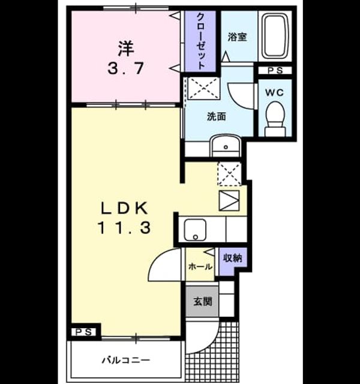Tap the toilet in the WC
click(275, 119)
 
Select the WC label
click(275, 92)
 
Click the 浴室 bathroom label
click(237, 37)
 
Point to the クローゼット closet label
click(201, 41)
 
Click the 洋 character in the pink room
click(126, 49)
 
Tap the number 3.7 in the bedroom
click(125, 68)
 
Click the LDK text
click(125, 208)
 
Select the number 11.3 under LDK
click(124, 227)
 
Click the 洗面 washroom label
click(216, 116)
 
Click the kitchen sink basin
click(195, 230)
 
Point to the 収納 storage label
click(233, 257)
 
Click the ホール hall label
click(200, 266)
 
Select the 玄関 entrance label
click(203, 301)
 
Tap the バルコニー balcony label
click(126, 360)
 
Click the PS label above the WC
click(275, 71)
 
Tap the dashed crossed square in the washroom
click(204, 88)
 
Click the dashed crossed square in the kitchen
click(229, 174)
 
